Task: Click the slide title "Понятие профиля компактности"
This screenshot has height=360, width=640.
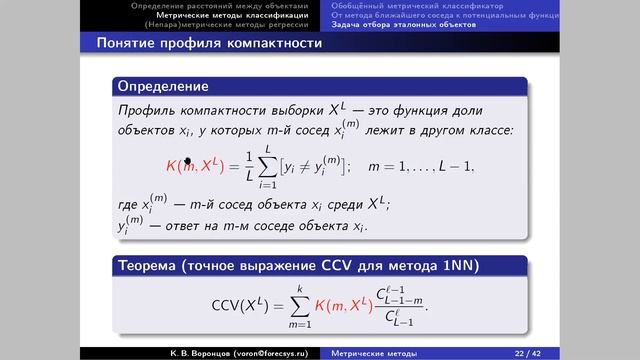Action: [209, 45]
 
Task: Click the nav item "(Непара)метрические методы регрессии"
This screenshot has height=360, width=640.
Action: [229, 25]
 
